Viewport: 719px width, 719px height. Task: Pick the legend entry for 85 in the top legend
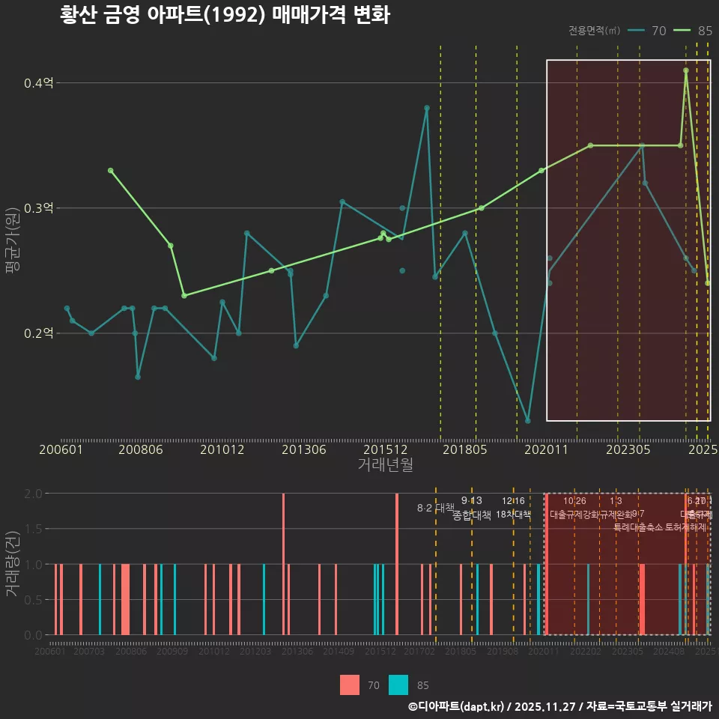693,31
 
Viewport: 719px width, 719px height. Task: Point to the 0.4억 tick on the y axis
38,83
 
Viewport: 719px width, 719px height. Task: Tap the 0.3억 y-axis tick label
38,208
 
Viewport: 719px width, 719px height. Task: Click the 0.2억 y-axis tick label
38,333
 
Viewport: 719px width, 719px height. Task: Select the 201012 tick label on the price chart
222,450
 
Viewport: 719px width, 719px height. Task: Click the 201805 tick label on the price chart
466,450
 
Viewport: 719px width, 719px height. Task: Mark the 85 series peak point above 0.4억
686,70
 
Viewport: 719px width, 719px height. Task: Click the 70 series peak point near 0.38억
427,108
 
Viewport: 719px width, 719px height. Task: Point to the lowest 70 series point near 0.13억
528,421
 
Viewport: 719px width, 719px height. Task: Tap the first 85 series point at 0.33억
110,171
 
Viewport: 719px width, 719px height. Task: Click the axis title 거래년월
385,465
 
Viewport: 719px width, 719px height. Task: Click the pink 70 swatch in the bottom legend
350,685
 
